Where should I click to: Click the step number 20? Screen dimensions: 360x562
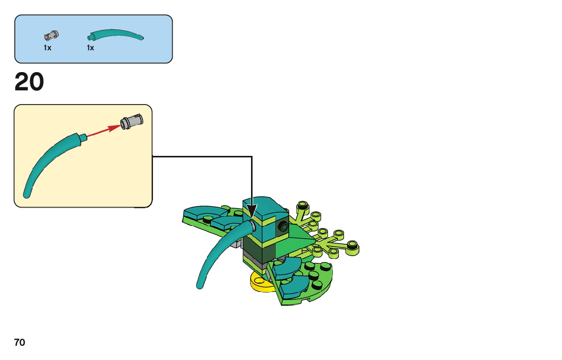pyautogui.click(x=29, y=82)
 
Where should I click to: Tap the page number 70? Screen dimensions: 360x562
pyautogui.click(x=20, y=343)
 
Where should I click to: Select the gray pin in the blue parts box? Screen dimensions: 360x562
pyautogui.click(x=51, y=36)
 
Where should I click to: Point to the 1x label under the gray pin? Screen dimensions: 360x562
pyautogui.click(x=47, y=48)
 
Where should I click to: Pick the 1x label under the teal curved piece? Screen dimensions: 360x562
pyautogui.click(x=90, y=48)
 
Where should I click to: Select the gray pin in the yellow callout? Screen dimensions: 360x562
pyautogui.click(x=132, y=121)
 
